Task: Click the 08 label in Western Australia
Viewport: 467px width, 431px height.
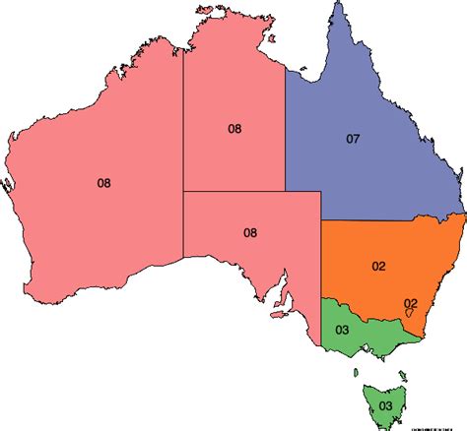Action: coord(104,182)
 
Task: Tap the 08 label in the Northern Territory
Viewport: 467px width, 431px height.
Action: coord(234,128)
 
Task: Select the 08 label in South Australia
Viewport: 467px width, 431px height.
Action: coord(250,233)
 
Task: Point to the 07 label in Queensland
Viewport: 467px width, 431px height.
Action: coord(353,139)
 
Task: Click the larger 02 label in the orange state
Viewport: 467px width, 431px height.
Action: coord(378,266)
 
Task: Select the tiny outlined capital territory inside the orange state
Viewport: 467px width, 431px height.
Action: coord(409,313)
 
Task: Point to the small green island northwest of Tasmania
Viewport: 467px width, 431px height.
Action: coord(356,371)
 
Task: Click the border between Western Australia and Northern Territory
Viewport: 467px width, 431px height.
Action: coord(182,128)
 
